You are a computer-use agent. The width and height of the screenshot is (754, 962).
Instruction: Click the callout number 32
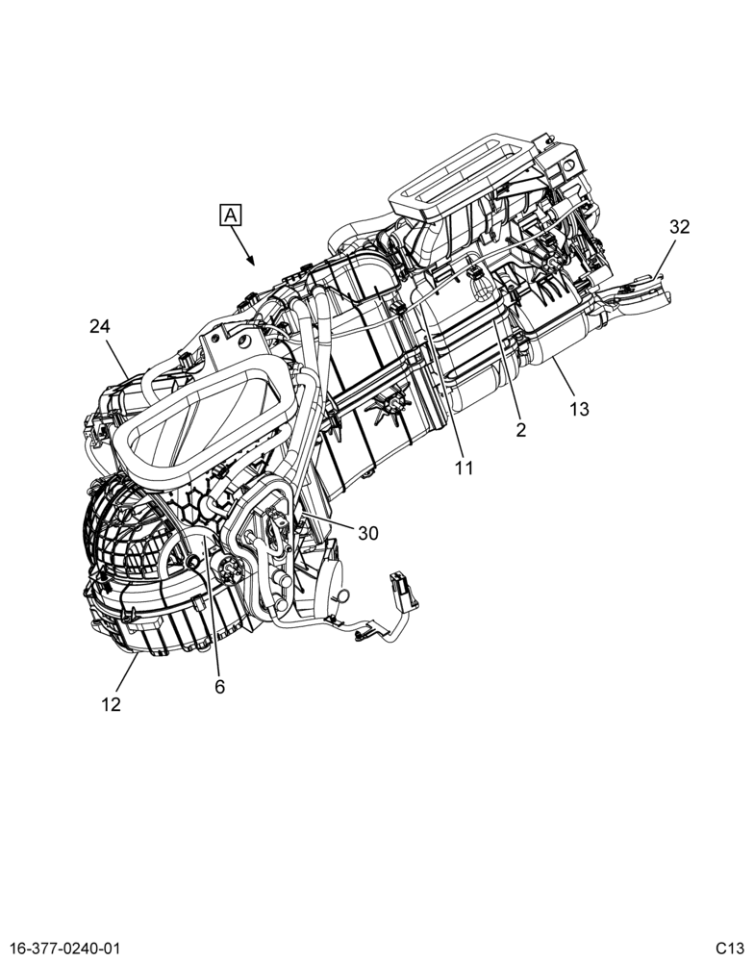point(679,227)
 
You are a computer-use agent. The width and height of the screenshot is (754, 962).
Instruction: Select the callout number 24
point(99,326)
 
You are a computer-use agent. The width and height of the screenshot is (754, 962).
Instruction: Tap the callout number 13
point(579,409)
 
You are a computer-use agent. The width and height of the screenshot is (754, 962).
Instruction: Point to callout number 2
point(521,430)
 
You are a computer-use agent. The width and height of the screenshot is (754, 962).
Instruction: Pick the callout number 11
point(464,468)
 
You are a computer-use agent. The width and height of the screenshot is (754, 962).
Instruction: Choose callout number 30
point(368,534)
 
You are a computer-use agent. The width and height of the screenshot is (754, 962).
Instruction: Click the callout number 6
point(219,687)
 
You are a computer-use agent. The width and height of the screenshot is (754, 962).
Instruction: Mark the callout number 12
point(111,705)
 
